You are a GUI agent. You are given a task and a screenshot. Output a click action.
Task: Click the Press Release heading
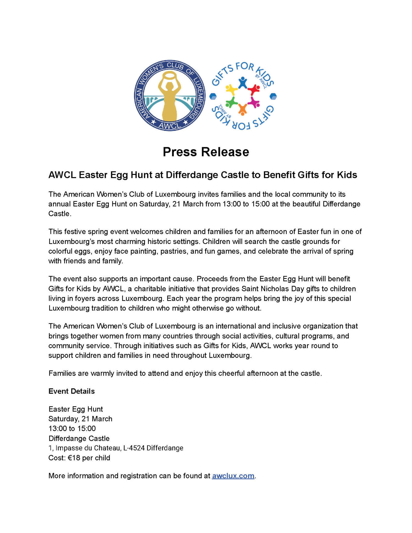206,152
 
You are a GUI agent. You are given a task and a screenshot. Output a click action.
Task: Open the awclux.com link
233,476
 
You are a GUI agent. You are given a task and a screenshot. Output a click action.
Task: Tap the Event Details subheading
72,391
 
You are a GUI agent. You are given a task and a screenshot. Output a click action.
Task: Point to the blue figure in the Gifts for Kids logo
243,82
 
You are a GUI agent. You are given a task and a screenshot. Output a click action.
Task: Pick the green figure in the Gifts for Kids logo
231,103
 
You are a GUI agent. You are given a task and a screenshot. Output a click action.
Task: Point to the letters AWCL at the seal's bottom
170,125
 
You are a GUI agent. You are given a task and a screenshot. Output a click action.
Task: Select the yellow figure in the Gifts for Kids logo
231,89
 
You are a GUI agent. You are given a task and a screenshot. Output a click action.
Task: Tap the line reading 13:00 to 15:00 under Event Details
72,429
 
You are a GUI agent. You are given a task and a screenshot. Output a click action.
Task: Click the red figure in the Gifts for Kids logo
254,89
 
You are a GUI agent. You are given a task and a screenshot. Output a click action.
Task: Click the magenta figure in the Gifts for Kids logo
254,102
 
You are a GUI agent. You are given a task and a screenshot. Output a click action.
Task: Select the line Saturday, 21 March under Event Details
81,419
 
